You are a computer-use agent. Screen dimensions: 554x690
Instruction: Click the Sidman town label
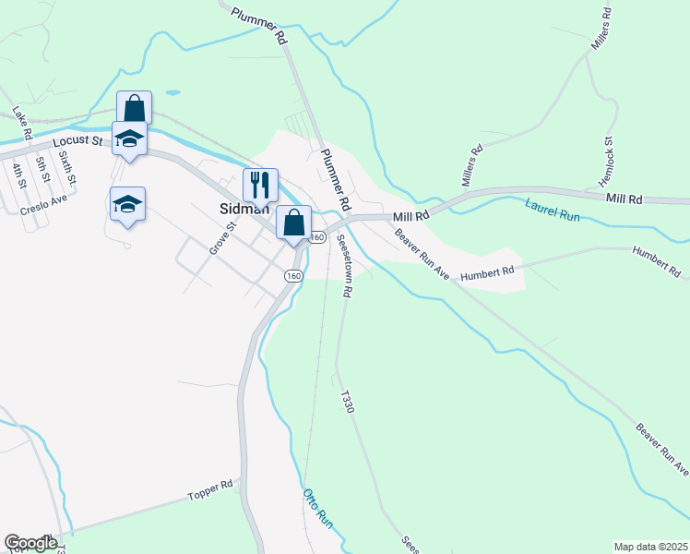tap(244, 209)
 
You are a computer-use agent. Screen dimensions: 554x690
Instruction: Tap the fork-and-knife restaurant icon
tap(260, 185)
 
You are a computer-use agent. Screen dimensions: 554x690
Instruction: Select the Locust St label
tap(77, 140)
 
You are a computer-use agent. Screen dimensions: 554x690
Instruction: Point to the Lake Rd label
tap(23, 125)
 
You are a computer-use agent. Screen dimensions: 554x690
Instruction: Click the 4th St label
tap(18, 173)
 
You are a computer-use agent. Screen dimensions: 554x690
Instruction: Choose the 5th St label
tap(42, 169)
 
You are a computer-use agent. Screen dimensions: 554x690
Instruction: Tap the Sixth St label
tap(66, 167)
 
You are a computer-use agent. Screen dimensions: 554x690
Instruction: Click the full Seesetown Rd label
tap(343, 264)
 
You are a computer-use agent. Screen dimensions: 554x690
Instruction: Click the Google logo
tap(30, 543)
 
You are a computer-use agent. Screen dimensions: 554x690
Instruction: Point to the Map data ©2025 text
tap(650, 547)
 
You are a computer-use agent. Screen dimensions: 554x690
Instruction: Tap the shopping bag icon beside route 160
tap(293, 223)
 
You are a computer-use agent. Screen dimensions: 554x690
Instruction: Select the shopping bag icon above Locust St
tap(134, 108)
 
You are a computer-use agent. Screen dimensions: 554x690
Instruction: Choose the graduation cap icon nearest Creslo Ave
tap(128, 204)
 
